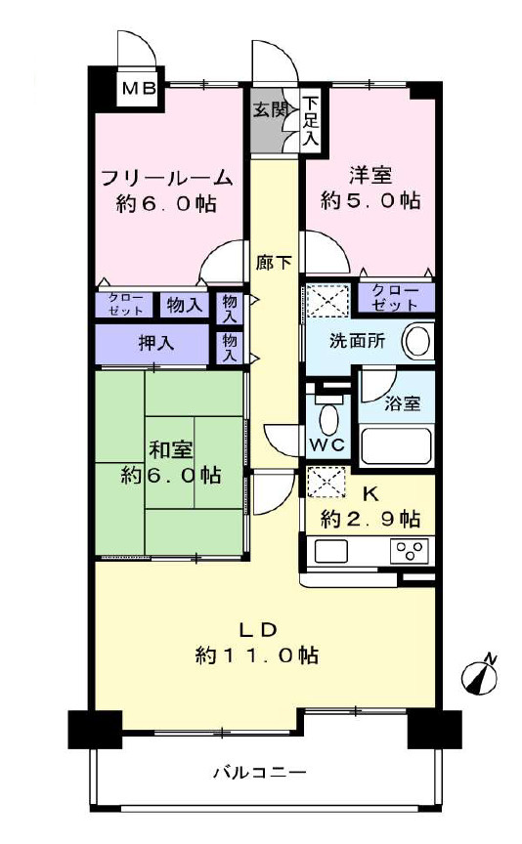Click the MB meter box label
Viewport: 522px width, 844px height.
139,90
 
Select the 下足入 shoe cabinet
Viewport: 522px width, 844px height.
310,120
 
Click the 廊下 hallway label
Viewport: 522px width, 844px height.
271,262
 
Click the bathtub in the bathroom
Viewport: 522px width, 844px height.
397,445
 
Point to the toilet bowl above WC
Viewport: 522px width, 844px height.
328,419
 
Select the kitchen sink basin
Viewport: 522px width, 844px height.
331,551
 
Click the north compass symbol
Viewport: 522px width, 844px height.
480,676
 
